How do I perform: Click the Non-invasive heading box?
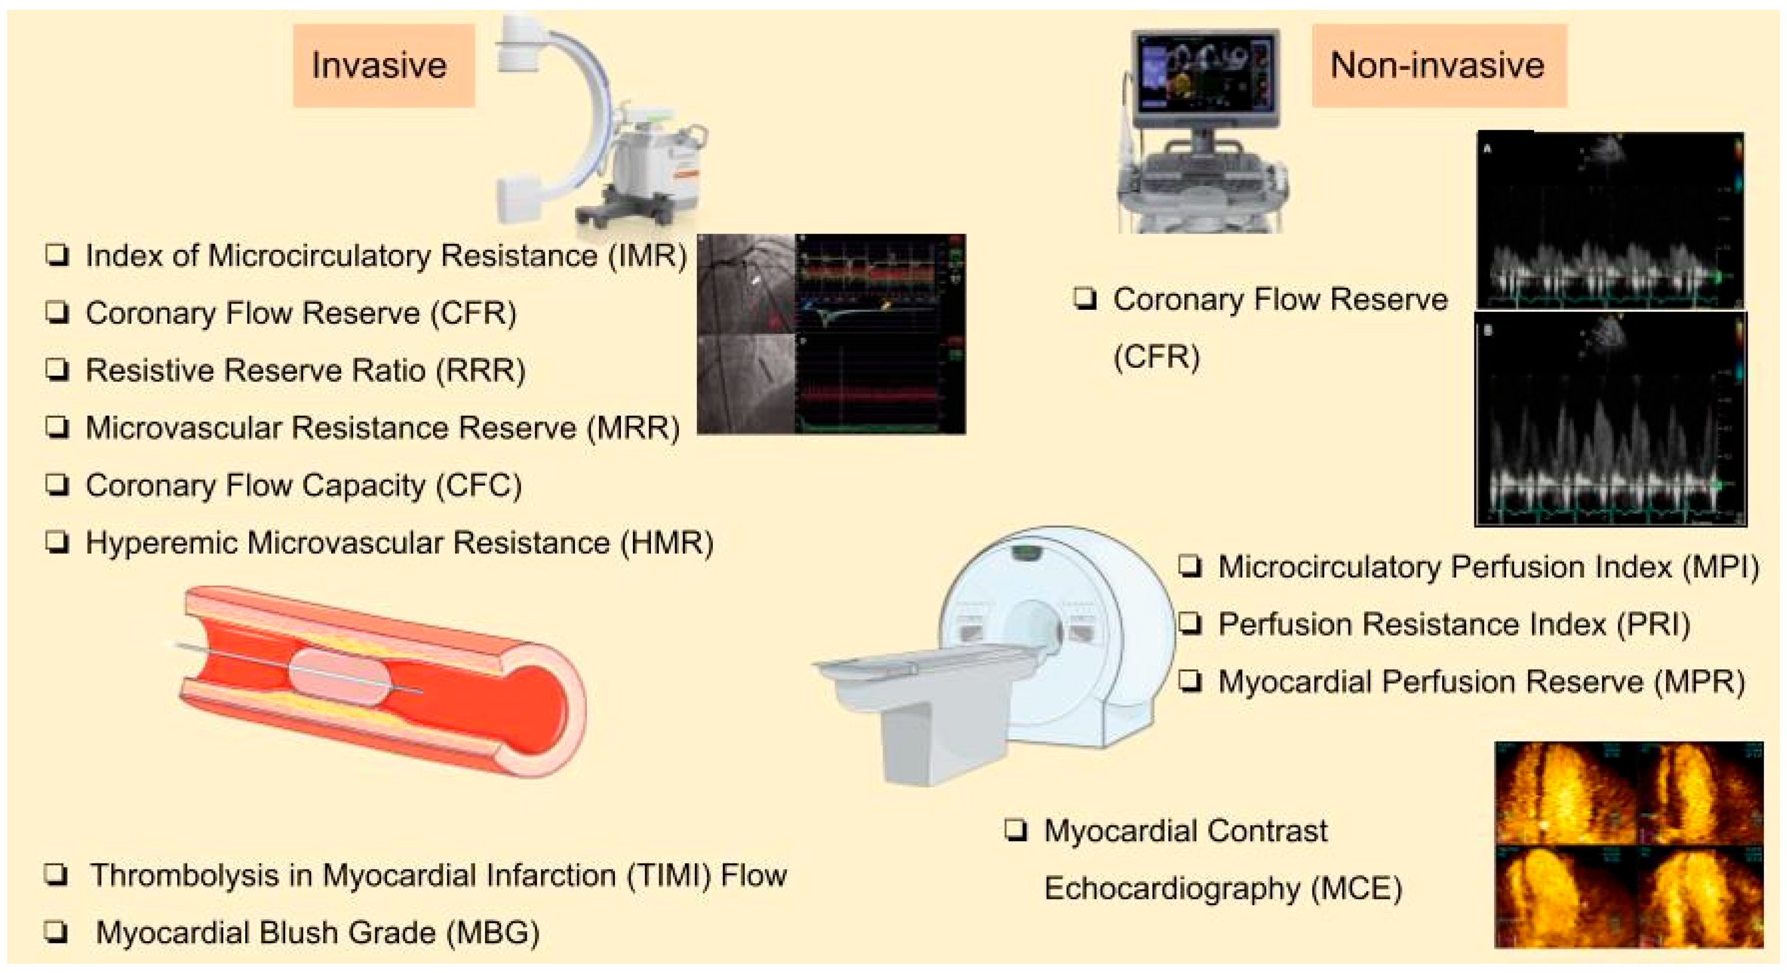click(x=1438, y=66)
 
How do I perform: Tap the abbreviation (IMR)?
click(x=647, y=256)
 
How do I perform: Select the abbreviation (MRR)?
click(x=633, y=428)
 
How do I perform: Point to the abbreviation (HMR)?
click(x=667, y=543)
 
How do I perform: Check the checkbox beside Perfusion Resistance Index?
click(x=1190, y=624)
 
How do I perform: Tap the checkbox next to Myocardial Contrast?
click(x=1016, y=831)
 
